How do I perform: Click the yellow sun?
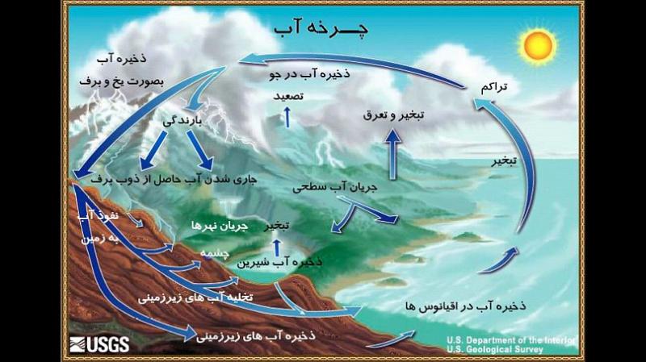coord(536,47)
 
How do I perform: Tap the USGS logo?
coord(99,344)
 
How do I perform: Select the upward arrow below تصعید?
coord(285,119)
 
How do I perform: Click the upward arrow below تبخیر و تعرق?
coord(395,153)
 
